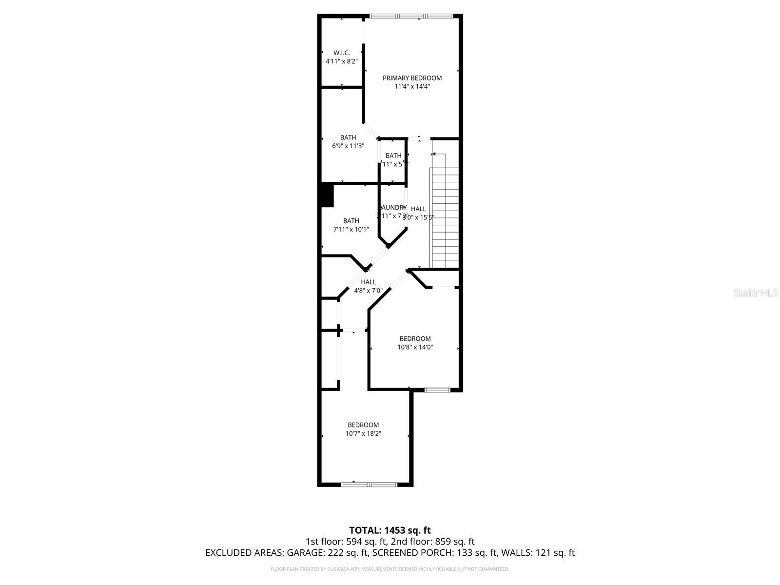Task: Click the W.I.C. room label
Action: tap(341, 53)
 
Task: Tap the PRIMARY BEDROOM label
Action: tap(412, 78)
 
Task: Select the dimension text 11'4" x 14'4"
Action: tap(412, 87)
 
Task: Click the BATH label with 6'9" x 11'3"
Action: tap(348, 137)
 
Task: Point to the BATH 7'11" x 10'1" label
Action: tap(351, 221)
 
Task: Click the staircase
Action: tap(444, 217)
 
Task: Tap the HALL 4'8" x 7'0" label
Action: tap(368, 282)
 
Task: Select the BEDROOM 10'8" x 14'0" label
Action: tap(415, 339)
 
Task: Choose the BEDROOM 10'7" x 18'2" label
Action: tap(363, 425)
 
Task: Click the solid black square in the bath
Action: tap(326, 195)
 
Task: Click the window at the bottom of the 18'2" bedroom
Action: tap(369, 484)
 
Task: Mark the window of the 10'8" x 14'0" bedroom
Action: tap(437, 390)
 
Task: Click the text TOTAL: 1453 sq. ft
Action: tap(390, 530)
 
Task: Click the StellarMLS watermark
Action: tap(755, 293)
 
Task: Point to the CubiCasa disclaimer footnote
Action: tap(390, 569)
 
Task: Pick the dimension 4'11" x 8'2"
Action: tap(342, 61)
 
